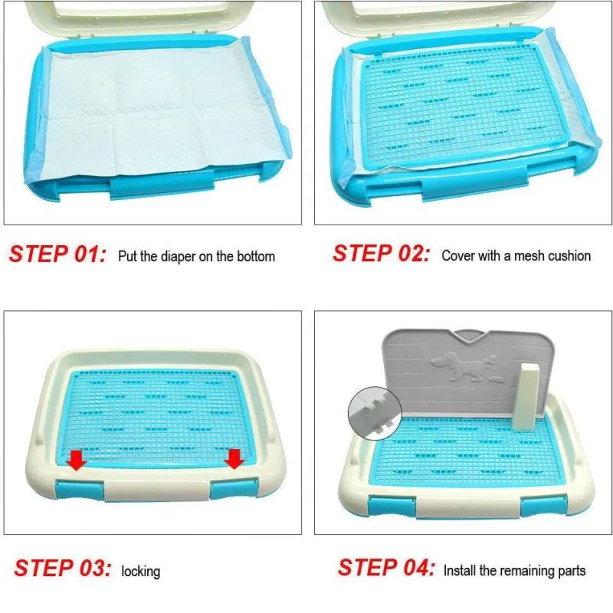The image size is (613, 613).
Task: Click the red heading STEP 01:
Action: click(x=57, y=254)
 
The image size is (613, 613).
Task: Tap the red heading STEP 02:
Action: click(x=381, y=254)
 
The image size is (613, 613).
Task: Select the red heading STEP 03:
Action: click(x=63, y=568)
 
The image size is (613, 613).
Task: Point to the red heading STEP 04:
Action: click(x=386, y=567)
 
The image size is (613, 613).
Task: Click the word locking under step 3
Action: click(x=141, y=572)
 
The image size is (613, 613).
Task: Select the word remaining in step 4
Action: click(x=525, y=570)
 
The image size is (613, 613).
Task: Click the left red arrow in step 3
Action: click(x=76, y=460)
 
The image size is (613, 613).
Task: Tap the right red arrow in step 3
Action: click(x=234, y=459)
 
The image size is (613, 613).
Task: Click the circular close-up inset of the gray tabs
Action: click(x=375, y=413)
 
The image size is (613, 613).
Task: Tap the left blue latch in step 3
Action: click(x=80, y=490)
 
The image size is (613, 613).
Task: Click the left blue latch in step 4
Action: click(x=392, y=506)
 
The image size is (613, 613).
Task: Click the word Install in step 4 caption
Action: click(x=461, y=570)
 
